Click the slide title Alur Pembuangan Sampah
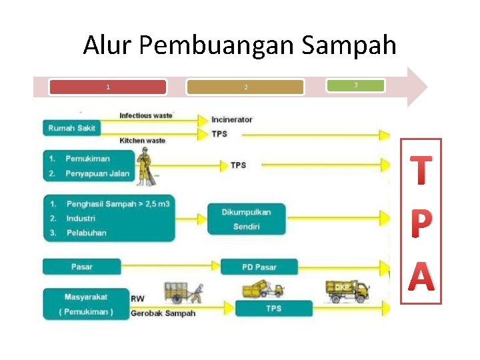(239, 45)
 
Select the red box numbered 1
(108, 87)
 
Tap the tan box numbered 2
(245, 87)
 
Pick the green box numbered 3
(355, 85)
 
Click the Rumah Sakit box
(71, 128)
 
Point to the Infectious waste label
(146, 115)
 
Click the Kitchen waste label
(142, 141)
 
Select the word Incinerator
(232, 120)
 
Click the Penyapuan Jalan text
(97, 174)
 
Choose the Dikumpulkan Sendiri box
(246, 219)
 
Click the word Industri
(81, 218)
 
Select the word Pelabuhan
(86, 233)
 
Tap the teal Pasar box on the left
(82, 267)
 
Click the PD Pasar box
(259, 267)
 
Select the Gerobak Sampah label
(163, 313)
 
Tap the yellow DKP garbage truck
(347, 291)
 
